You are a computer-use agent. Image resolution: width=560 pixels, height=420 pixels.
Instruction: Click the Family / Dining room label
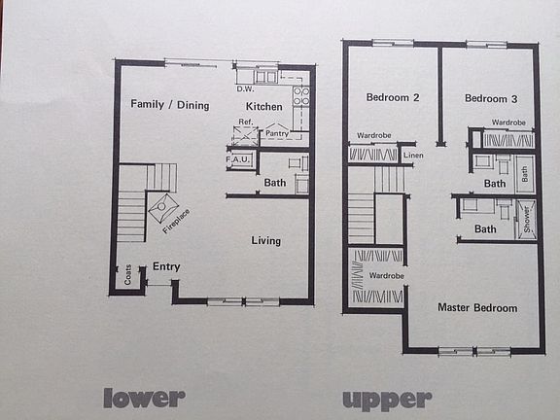tap(170, 105)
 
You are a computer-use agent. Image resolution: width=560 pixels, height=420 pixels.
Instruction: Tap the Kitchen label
tap(263, 105)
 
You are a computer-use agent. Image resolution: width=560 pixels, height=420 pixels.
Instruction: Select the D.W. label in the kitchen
tap(245, 89)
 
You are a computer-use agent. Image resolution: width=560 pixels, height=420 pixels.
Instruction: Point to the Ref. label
tap(245, 122)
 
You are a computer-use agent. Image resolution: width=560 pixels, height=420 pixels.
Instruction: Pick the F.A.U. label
tap(239, 158)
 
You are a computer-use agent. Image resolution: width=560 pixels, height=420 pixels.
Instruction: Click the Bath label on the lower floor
tap(275, 182)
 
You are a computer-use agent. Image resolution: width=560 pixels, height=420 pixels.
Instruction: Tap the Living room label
tap(265, 241)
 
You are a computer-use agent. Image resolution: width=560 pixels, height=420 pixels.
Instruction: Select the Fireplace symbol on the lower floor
tap(162, 207)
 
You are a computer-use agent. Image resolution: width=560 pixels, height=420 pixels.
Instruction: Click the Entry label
tap(166, 266)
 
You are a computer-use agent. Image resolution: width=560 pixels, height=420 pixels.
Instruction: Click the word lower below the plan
tap(144, 397)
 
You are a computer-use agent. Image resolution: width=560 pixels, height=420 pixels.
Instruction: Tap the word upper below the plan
tap(386, 399)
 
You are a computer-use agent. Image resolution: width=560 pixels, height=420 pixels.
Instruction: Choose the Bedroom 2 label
tap(393, 97)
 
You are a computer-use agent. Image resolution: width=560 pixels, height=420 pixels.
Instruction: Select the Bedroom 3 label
tap(490, 98)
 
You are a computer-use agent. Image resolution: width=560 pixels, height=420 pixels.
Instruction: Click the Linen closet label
tap(413, 156)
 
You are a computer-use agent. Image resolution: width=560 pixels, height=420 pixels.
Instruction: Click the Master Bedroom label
tap(477, 308)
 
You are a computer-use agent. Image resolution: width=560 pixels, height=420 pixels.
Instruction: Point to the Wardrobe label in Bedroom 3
tap(508, 122)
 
